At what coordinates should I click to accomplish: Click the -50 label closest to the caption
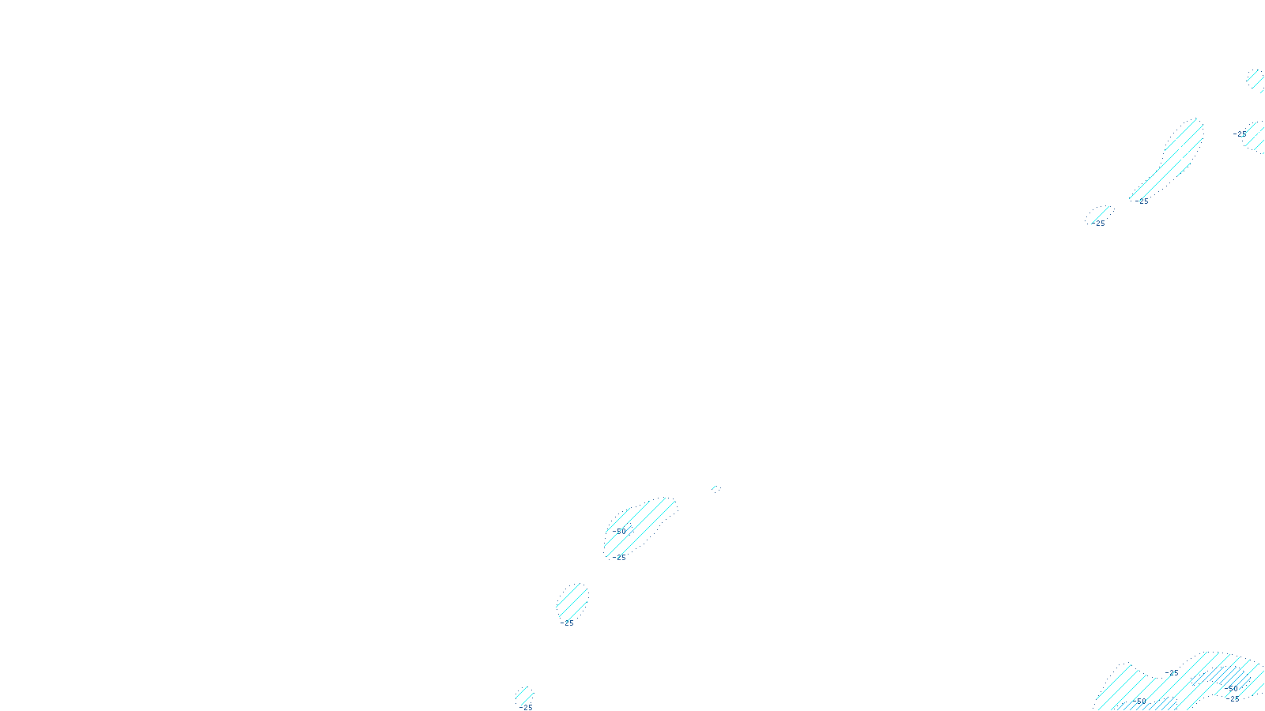pyautogui.click(x=620, y=531)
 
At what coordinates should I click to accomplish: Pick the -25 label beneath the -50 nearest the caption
pyautogui.click(x=619, y=558)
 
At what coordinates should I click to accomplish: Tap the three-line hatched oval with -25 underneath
pyautogui.click(x=572, y=603)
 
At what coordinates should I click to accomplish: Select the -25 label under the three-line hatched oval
pyautogui.click(x=567, y=623)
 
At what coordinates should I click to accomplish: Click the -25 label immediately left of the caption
pyautogui.click(x=527, y=707)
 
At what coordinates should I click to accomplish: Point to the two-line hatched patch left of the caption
pyautogui.click(x=524, y=695)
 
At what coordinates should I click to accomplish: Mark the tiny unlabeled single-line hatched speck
pyautogui.click(x=716, y=488)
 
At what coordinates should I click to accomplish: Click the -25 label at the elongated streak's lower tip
pyautogui.click(x=1141, y=201)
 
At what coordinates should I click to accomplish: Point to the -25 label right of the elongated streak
pyautogui.click(x=1240, y=134)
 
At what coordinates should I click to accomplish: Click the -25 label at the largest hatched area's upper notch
pyautogui.click(x=1172, y=673)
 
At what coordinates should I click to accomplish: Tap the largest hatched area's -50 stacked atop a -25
pyautogui.click(x=1233, y=689)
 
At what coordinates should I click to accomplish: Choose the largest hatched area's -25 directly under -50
pyautogui.click(x=1233, y=698)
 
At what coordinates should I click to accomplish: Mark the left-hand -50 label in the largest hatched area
pyautogui.click(x=1140, y=701)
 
